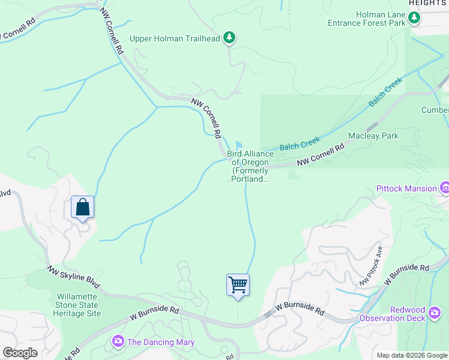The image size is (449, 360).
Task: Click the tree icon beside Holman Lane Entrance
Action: click(414, 19)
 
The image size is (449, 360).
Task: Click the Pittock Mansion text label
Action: click(406, 188)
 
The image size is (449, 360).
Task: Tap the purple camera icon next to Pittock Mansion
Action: click(445, 188)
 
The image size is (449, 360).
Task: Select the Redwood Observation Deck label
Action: click(416, 314)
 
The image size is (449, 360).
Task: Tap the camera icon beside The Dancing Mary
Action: click(118, 342)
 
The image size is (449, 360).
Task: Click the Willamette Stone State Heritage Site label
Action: click(79, 305)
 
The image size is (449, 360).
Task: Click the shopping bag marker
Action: click(82, 208)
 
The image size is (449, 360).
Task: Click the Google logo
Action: click(20, 353)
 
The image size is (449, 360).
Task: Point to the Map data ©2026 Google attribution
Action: click(412, 355)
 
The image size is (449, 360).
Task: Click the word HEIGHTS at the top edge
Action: click(429, 3)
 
